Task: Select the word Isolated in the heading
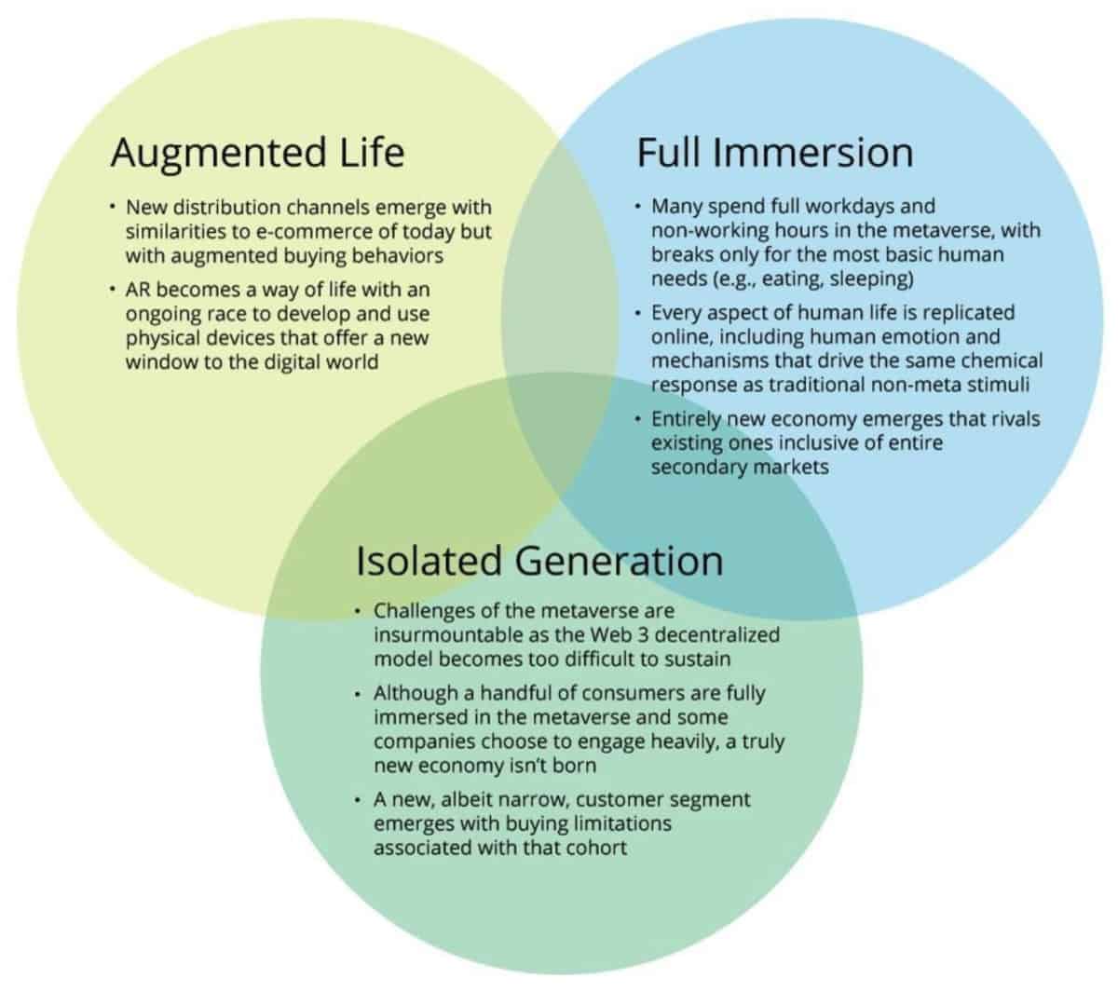point(429,561)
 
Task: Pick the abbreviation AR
point(139,290)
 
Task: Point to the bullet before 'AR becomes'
point(111,291)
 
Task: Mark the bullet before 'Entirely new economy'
point(637,419)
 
